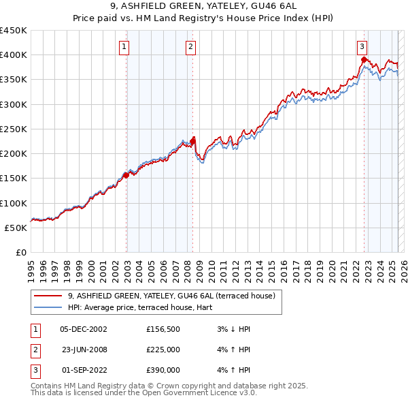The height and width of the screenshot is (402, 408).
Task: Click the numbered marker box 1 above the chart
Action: click(x=126, y=47)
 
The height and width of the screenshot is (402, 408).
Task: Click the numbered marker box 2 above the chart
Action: click(x=190, y=47)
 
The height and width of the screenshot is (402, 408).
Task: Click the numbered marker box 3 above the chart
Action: click(x=362, y=47)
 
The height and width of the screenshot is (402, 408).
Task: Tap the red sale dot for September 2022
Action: click(x=364, y=60)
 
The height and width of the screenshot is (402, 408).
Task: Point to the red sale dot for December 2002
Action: click(x=126, y=175)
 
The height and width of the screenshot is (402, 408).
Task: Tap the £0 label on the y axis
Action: click(x=20, y=252)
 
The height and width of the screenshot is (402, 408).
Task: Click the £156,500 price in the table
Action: click(x=163, y=329)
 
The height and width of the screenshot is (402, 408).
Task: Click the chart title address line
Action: click(x=204, y=7)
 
